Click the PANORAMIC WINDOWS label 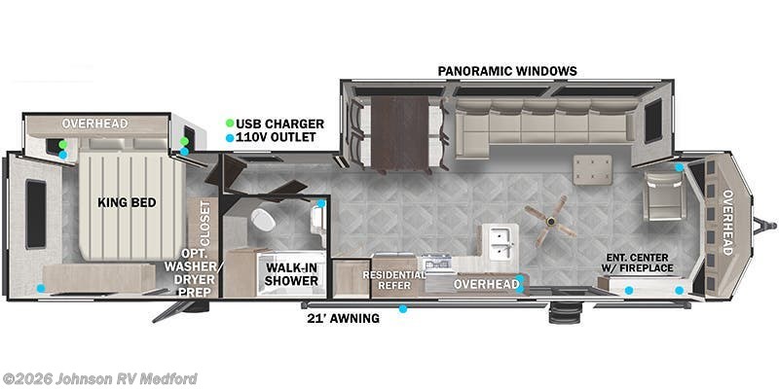tap(506, 71)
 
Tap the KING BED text tap(121, 203)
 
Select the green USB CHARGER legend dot tap(230, 124)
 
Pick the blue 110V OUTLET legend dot tap(230, 138)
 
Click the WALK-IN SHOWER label tap(292, 274)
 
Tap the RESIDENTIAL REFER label tap(394, 280)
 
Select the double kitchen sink tap(501, 243)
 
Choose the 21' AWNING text tap(342, 318)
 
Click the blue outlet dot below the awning tap(402, 310)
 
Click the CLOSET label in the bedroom tap(204, 223)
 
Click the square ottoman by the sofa tap(591, 168)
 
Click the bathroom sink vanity tap(317, 221)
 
